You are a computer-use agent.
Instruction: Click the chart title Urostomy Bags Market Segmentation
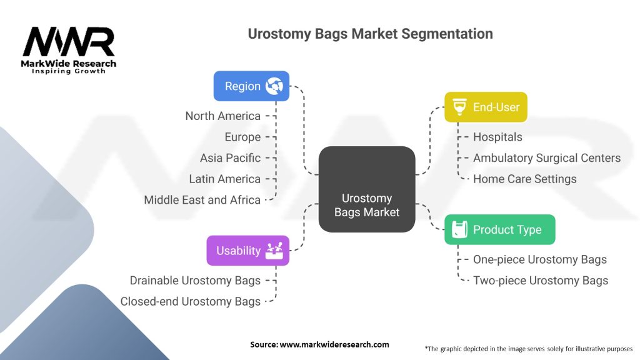[370, 33]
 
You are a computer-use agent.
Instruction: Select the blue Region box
[251, 86]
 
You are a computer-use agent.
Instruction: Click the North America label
[222, 116]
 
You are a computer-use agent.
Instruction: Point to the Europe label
[242, 137]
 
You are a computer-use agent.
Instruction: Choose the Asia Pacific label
[230, 157]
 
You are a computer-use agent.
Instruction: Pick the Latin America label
[224, 179]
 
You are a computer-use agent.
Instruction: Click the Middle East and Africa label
[202, 200]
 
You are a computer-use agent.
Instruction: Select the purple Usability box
[247, 251]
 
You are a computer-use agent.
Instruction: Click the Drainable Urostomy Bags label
[195, 280]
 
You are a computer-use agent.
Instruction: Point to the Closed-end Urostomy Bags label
[190, 301]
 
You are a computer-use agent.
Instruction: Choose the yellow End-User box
[486, 107]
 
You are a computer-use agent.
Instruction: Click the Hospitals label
[497, 137]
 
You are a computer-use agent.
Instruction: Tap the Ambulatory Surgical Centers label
[546, 157]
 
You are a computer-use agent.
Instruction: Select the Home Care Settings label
[524, 179]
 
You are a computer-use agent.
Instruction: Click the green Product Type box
[499, 229]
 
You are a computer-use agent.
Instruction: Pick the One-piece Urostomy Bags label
[539, 259]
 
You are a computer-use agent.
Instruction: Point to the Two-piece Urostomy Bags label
[540, 280]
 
